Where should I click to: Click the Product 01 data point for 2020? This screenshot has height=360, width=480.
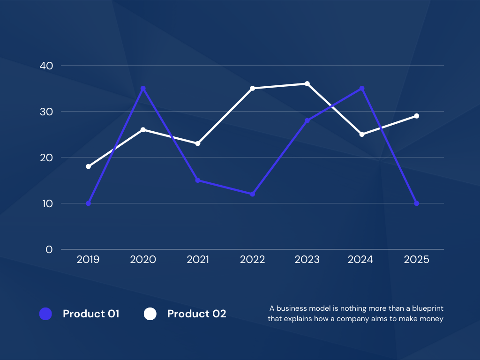pyautogui.click(x=143, y=89)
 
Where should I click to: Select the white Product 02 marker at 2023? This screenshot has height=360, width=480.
pyautogui.click(x=307, y=84)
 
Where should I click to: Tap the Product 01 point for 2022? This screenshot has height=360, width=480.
pyautogui.click(x=252, y=194)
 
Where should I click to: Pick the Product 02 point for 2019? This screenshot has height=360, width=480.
pyautogui.click(x=88, y=166)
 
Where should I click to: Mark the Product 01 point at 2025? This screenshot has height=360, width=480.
pyautogui.click(x=416, y=203)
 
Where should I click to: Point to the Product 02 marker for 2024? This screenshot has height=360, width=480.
pyautogui.click(x=362, y=135)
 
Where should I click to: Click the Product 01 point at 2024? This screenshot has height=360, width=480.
pyautogui.click(x=362, y=89)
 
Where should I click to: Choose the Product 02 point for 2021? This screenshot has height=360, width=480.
pyautogui.click(x=198, y=143)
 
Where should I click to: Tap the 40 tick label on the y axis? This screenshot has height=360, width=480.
pyautogui.click(x=46, y=66)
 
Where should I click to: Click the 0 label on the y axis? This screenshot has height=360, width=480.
pyautogui.click(x=49, y=249)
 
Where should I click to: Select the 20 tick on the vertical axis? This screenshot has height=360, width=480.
pyautogui.click(x=46, y=157)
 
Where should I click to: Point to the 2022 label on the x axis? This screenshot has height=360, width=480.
pyautogui.click(x=252, y=260)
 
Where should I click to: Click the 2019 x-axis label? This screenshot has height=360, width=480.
pyautogui.click(x=88, y=260)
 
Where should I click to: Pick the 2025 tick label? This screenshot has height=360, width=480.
pyautogui.click(x=416, y=260)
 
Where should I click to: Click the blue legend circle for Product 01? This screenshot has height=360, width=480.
pyautogui.click(x=45, y=314)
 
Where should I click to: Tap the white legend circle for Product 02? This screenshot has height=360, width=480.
pyautogui.click(x=150, y=314)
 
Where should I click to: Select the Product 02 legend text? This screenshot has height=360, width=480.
pyautogui.click(x=197, y=314)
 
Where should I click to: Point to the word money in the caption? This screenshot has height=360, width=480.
pyautogui.click(x=432, y=319)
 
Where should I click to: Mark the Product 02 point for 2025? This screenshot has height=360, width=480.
pyautogui.click(x=416, y=116)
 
